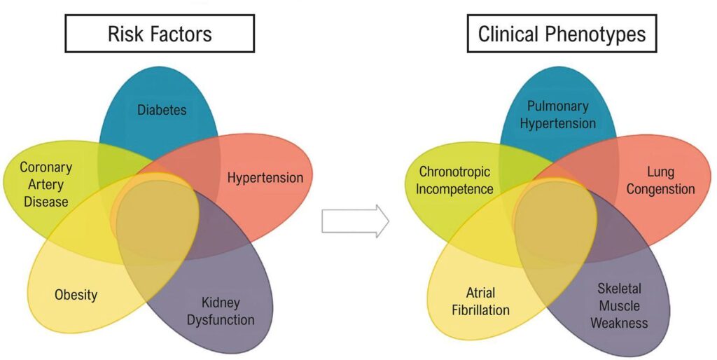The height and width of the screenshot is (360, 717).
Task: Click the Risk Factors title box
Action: point(160,33)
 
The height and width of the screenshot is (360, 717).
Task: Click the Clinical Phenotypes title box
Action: point(562,33)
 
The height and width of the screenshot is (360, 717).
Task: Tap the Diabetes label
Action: point(162,110)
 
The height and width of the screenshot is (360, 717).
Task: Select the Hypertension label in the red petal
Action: point(265,177)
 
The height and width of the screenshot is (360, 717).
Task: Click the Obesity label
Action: point(76,294)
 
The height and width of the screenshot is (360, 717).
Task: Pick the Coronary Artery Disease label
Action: point(46,184)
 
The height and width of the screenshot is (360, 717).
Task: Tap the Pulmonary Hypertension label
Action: point(558,115)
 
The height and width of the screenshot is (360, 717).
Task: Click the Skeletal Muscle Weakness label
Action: point(619,305)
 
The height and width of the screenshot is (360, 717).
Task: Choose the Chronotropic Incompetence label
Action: point(456,180)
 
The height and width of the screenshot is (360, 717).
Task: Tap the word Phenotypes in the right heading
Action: point(597,33)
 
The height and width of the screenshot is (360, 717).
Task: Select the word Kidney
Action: point(221,303)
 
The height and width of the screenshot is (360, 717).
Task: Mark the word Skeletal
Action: point(619,289)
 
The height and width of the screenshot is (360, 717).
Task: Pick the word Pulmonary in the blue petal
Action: point(558,106)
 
